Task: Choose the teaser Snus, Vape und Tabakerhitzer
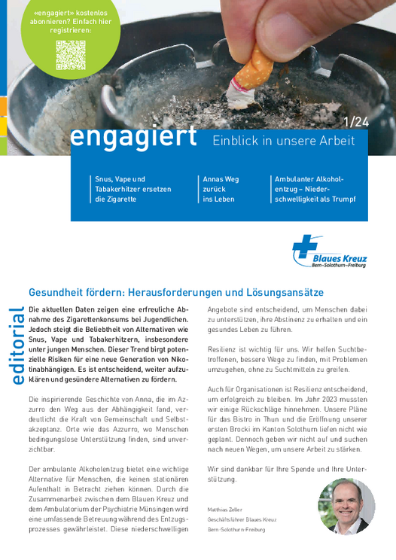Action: [133, 189]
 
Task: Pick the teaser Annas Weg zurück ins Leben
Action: [221, 189]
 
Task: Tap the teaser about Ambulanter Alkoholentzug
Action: [314, 189]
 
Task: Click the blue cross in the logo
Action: [305, 248]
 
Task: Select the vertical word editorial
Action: [16, 347]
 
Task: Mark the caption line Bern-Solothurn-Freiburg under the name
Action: [234, 529]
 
